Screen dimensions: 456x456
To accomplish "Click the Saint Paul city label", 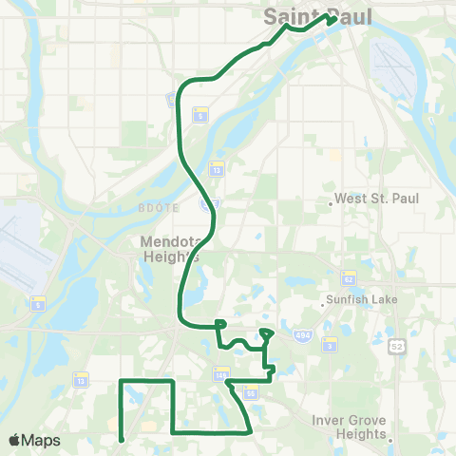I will [x=316, y=17].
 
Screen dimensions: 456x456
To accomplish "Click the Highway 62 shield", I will [x=348, y=279].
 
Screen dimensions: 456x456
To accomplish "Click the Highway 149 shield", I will [x=220, y=373].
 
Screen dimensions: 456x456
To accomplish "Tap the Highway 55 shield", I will [x=251, y=391].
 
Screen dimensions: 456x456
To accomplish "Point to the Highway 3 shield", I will [x=329, y=343].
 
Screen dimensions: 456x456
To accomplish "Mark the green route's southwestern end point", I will [x=122, y=439].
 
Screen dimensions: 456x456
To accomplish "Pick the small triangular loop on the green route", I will [x=266, y=333].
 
